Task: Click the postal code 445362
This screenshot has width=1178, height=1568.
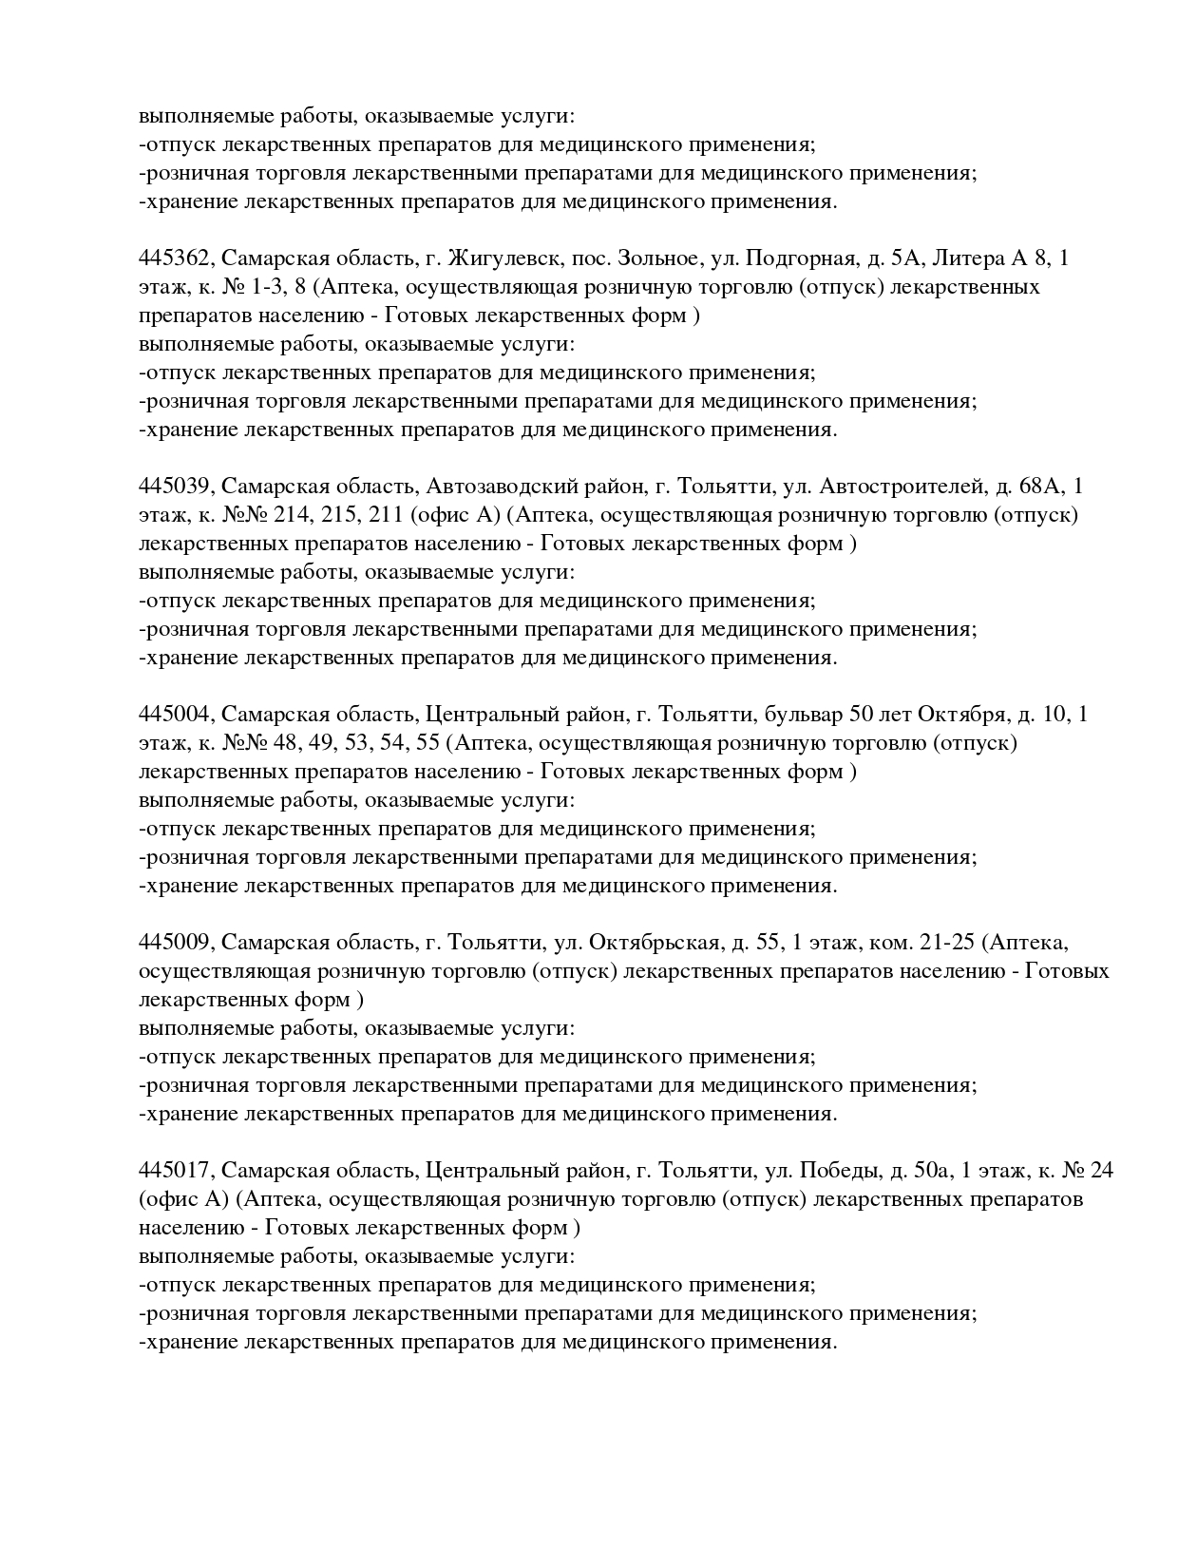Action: pos(176,258)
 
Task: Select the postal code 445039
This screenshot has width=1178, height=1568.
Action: pos(176,487)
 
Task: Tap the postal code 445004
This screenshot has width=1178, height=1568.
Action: pos(176,715)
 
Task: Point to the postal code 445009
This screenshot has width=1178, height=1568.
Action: pos(176,943)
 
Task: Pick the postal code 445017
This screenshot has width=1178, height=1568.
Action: pos(176,1171)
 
